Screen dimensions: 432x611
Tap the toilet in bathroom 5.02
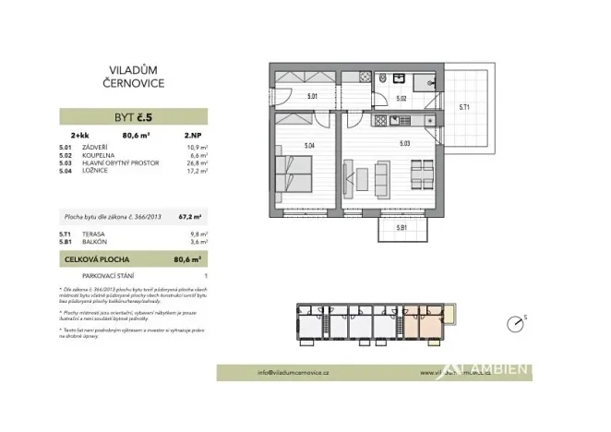[380, 80]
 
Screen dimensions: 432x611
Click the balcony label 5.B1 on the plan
[401, 227]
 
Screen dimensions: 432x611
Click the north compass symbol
[514, 324]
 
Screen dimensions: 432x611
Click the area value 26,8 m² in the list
[196, 162]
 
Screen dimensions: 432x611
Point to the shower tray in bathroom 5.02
[428, 81]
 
